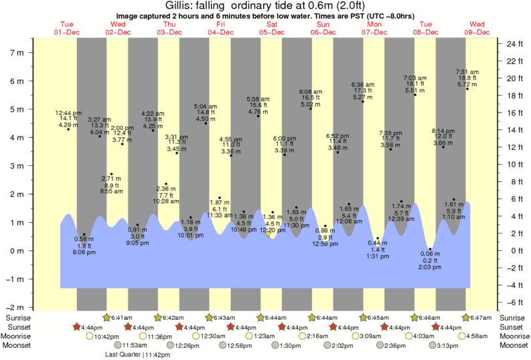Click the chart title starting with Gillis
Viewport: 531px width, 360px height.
(265, 5)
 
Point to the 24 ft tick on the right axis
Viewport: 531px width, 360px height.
(513, 43)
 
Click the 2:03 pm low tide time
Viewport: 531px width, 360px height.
(431, 267)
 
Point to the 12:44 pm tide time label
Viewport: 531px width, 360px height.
(68, 113)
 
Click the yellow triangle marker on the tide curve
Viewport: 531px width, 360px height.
(268, 234)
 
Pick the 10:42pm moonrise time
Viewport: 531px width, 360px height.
(108, 336)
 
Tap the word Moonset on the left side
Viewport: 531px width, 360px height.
(18, 346)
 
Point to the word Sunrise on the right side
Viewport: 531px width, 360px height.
(513, 317)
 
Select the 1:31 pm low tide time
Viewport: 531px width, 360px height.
(378, 256)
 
